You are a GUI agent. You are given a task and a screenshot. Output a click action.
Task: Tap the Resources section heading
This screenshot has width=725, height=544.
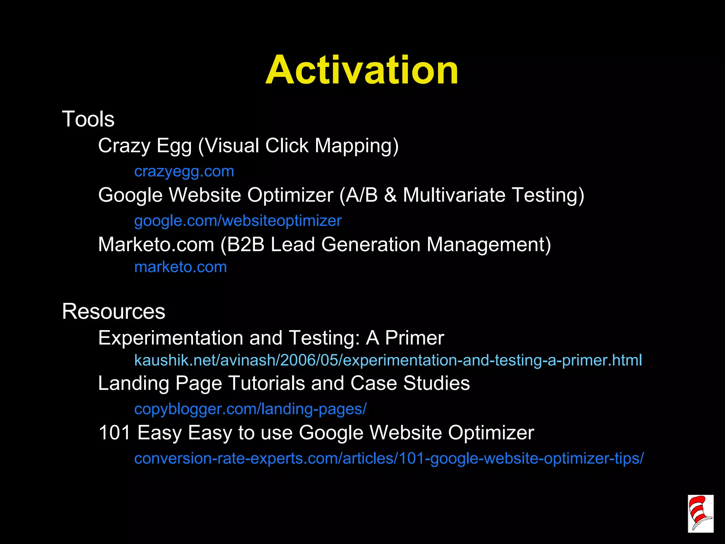[x=114, y=311]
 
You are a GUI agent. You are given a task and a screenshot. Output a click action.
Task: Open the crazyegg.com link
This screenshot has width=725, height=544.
[x=184, y=171]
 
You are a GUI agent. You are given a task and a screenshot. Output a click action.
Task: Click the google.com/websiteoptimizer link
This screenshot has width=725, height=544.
[x=238, y=221]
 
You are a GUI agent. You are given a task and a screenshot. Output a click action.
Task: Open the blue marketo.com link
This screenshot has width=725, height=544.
[x=181, y=267]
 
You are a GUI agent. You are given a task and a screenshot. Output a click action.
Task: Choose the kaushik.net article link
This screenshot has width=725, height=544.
[x=388, y=360]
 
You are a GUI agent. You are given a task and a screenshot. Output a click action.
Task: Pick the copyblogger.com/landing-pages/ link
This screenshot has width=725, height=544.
[x=250, y=409]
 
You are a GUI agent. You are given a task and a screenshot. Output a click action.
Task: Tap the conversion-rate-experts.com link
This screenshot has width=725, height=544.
[x=389, y=458]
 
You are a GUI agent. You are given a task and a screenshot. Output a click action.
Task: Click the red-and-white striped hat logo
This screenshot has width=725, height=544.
[x=700, y=514]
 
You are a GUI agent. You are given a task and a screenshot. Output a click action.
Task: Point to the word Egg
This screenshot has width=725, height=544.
[x=174, y=146]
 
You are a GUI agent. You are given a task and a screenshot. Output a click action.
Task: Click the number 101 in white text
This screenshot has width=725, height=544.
[x=115, y=432]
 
